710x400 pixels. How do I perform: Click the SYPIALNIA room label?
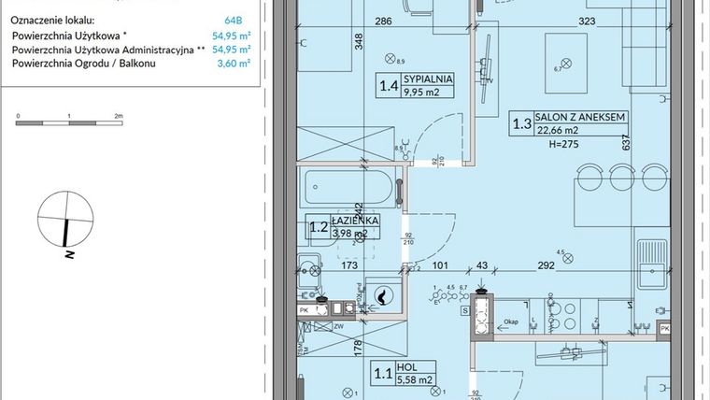pyautogui.click(x=430, y=79)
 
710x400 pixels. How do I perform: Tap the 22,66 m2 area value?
pyautogui.click(x=557, y=132)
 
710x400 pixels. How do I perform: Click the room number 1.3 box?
pyautogui.click(x=519, y=124)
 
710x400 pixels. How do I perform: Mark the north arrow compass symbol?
pyautogui.click(x=64, y=223)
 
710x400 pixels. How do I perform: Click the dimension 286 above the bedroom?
pyautogui.click(x=356, y=20)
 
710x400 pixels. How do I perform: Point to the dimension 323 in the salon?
pyautogui.click(x=587, y=20)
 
